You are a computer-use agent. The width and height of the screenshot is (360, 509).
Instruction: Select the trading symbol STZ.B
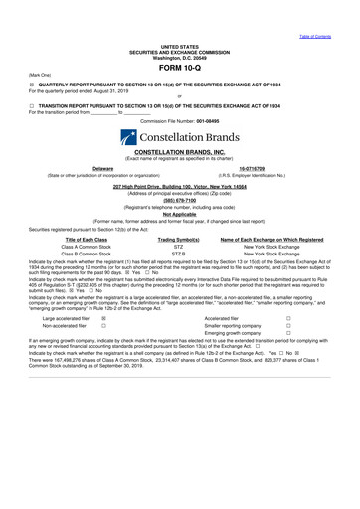tap(179, 254)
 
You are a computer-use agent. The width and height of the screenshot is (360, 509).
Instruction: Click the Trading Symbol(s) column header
tap(179, 239)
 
